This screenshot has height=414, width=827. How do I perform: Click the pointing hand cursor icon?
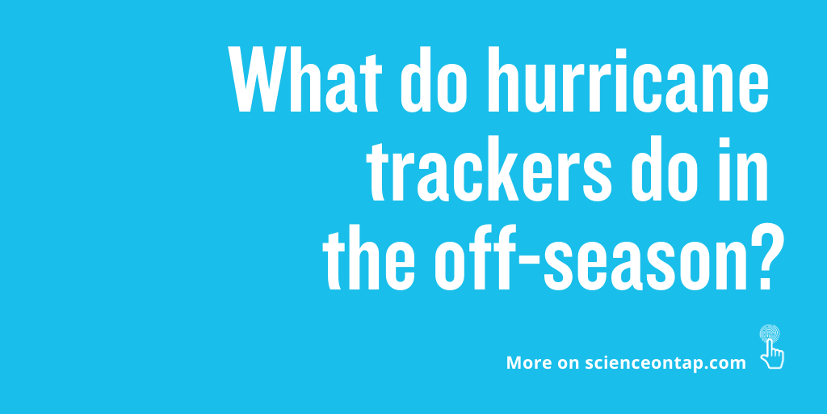[x=773, y=353]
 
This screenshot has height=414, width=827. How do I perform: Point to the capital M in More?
[x=514, y=363]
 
